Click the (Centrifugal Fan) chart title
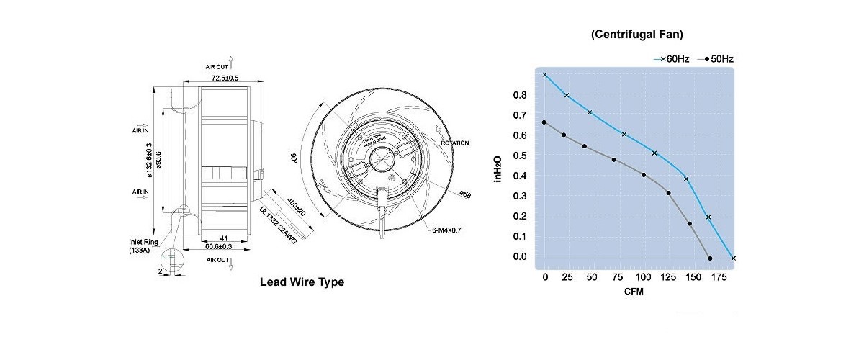(x=636, y=34)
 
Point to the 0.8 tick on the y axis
(x=520, y=95)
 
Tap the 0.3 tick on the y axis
(x=520, y=196)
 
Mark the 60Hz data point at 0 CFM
(x=545, y=74)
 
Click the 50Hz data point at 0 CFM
(x=545, y=122)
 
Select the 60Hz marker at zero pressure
(x=733, y=258)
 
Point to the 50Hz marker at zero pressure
(x=711, y=258)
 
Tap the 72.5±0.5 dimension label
(x=225, y=77)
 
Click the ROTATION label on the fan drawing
(x=454, y=143)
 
